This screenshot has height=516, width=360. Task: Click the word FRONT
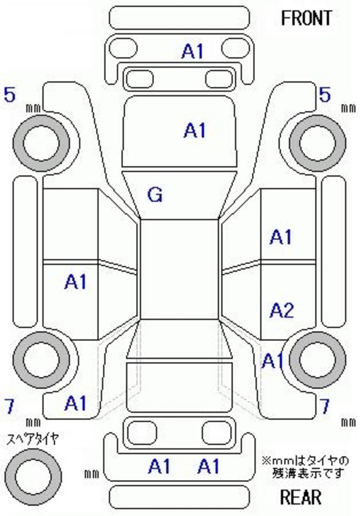306,18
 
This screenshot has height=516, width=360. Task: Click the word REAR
301,496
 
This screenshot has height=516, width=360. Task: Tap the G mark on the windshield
155,194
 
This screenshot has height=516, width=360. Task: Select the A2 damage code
282,310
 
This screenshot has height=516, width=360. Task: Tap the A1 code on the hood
195,130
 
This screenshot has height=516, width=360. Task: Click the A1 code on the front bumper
193,52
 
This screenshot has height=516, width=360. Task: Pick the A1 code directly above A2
281,237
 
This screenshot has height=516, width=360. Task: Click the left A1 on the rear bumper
160,467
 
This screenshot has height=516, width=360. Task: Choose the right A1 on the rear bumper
209,467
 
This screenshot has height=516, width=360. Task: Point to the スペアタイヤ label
33,439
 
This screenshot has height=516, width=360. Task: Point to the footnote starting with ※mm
306,467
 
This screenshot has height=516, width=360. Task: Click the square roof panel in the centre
180,269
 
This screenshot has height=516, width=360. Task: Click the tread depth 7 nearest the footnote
325,407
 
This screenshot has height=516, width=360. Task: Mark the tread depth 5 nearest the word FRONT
325,95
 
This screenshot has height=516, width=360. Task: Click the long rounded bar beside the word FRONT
179,18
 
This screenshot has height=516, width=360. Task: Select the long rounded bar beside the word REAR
179,497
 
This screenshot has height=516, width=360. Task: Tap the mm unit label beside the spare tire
92,474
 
